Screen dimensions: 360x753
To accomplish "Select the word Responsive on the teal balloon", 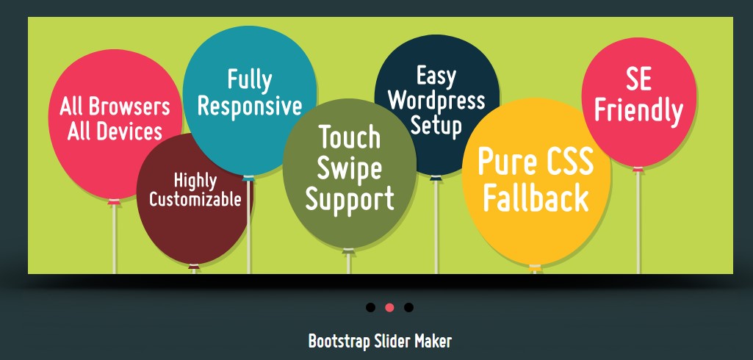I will point(250,107).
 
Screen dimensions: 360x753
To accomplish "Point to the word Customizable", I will point(195,199).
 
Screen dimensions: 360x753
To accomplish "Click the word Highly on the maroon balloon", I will point(195,180).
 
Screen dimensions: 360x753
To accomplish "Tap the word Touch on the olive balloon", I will point(350,137).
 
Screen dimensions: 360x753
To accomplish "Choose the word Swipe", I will point(350,168).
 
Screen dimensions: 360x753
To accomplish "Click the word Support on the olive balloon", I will point(350,199).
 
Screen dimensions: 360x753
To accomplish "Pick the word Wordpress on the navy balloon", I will point(436,101).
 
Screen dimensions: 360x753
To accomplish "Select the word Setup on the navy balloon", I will point(436,125).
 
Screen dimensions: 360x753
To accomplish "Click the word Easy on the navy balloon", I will point(436,76).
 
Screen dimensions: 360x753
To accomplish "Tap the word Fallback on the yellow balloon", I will point(536,198).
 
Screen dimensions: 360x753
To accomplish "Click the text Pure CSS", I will point(536,162).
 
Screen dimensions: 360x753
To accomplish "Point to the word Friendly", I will point(638,111).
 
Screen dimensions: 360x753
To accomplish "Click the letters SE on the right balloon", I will point(638,79).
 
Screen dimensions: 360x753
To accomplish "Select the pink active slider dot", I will point(389,307).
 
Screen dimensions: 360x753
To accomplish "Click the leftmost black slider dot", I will point(370,307).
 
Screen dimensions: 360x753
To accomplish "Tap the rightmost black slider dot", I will point(408,307).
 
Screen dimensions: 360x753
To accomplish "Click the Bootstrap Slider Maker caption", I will point(380,341).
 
